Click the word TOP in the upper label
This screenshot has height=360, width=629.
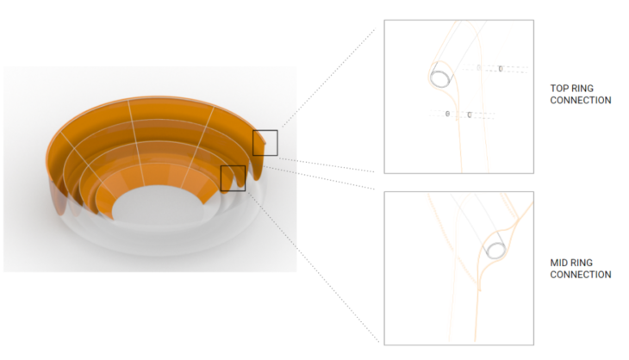[x=557, y=88]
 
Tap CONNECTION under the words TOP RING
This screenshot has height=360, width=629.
[x=581, y=100]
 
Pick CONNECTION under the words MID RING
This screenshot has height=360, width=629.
[x=581, y=275]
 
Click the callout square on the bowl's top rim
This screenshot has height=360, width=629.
[x=265, y=130]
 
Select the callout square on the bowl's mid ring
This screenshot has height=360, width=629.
[x=233, y=166]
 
